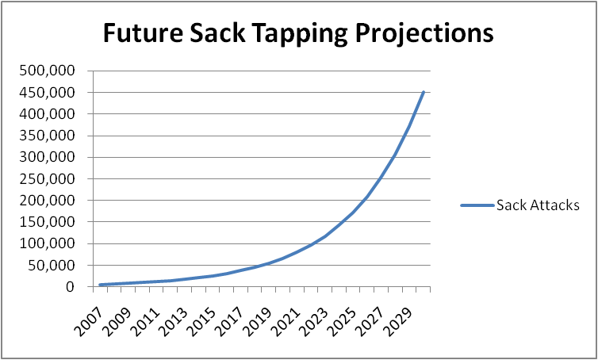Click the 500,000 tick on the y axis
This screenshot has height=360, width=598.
coord(48,71)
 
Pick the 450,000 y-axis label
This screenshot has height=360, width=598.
coord(48,92)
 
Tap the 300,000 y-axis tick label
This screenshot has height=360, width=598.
coord(48,157)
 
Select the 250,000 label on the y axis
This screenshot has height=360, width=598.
coord(48,178)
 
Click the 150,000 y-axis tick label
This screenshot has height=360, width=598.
coord(48,222)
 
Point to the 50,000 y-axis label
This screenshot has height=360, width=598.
coord(51,265)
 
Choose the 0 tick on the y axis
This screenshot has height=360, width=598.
coord(71,286)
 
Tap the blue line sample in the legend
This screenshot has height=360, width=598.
coord(477,205)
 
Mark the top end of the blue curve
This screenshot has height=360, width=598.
coord(424,92)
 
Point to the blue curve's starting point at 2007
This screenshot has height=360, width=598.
coord(101,285)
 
